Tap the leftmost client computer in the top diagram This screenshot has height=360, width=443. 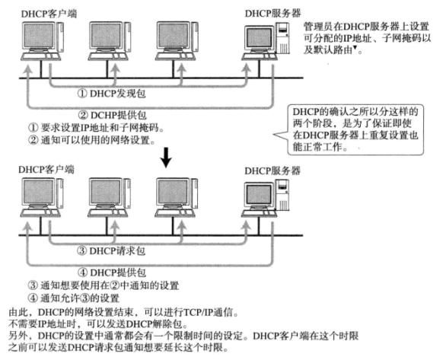pyautogui.click(x=43, y=45)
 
